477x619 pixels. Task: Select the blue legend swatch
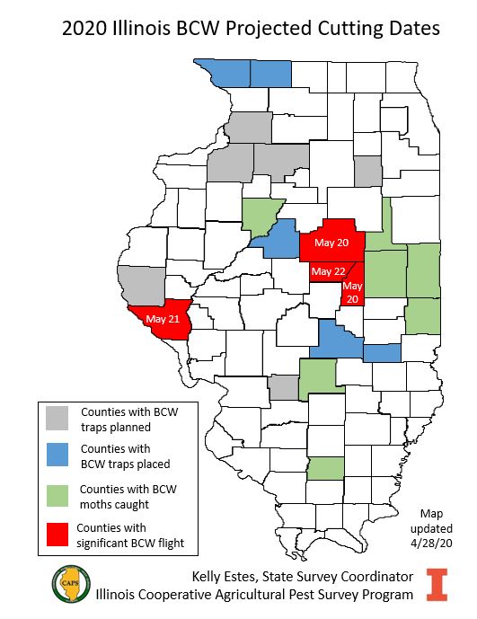click(x=58, y=455)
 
